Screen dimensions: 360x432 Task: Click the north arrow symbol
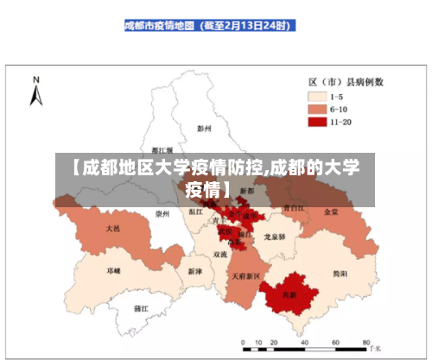(36, 92)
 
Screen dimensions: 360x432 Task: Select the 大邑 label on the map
(113, 229)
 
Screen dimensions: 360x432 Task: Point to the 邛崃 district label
(113, 270)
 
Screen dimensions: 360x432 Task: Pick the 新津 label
(194, 270)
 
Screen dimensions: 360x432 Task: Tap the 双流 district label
(221, 255)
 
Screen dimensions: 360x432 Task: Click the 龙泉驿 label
(275, 236)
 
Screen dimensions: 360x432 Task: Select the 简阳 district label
(340, 273)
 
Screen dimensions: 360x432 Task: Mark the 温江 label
(195, 211)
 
